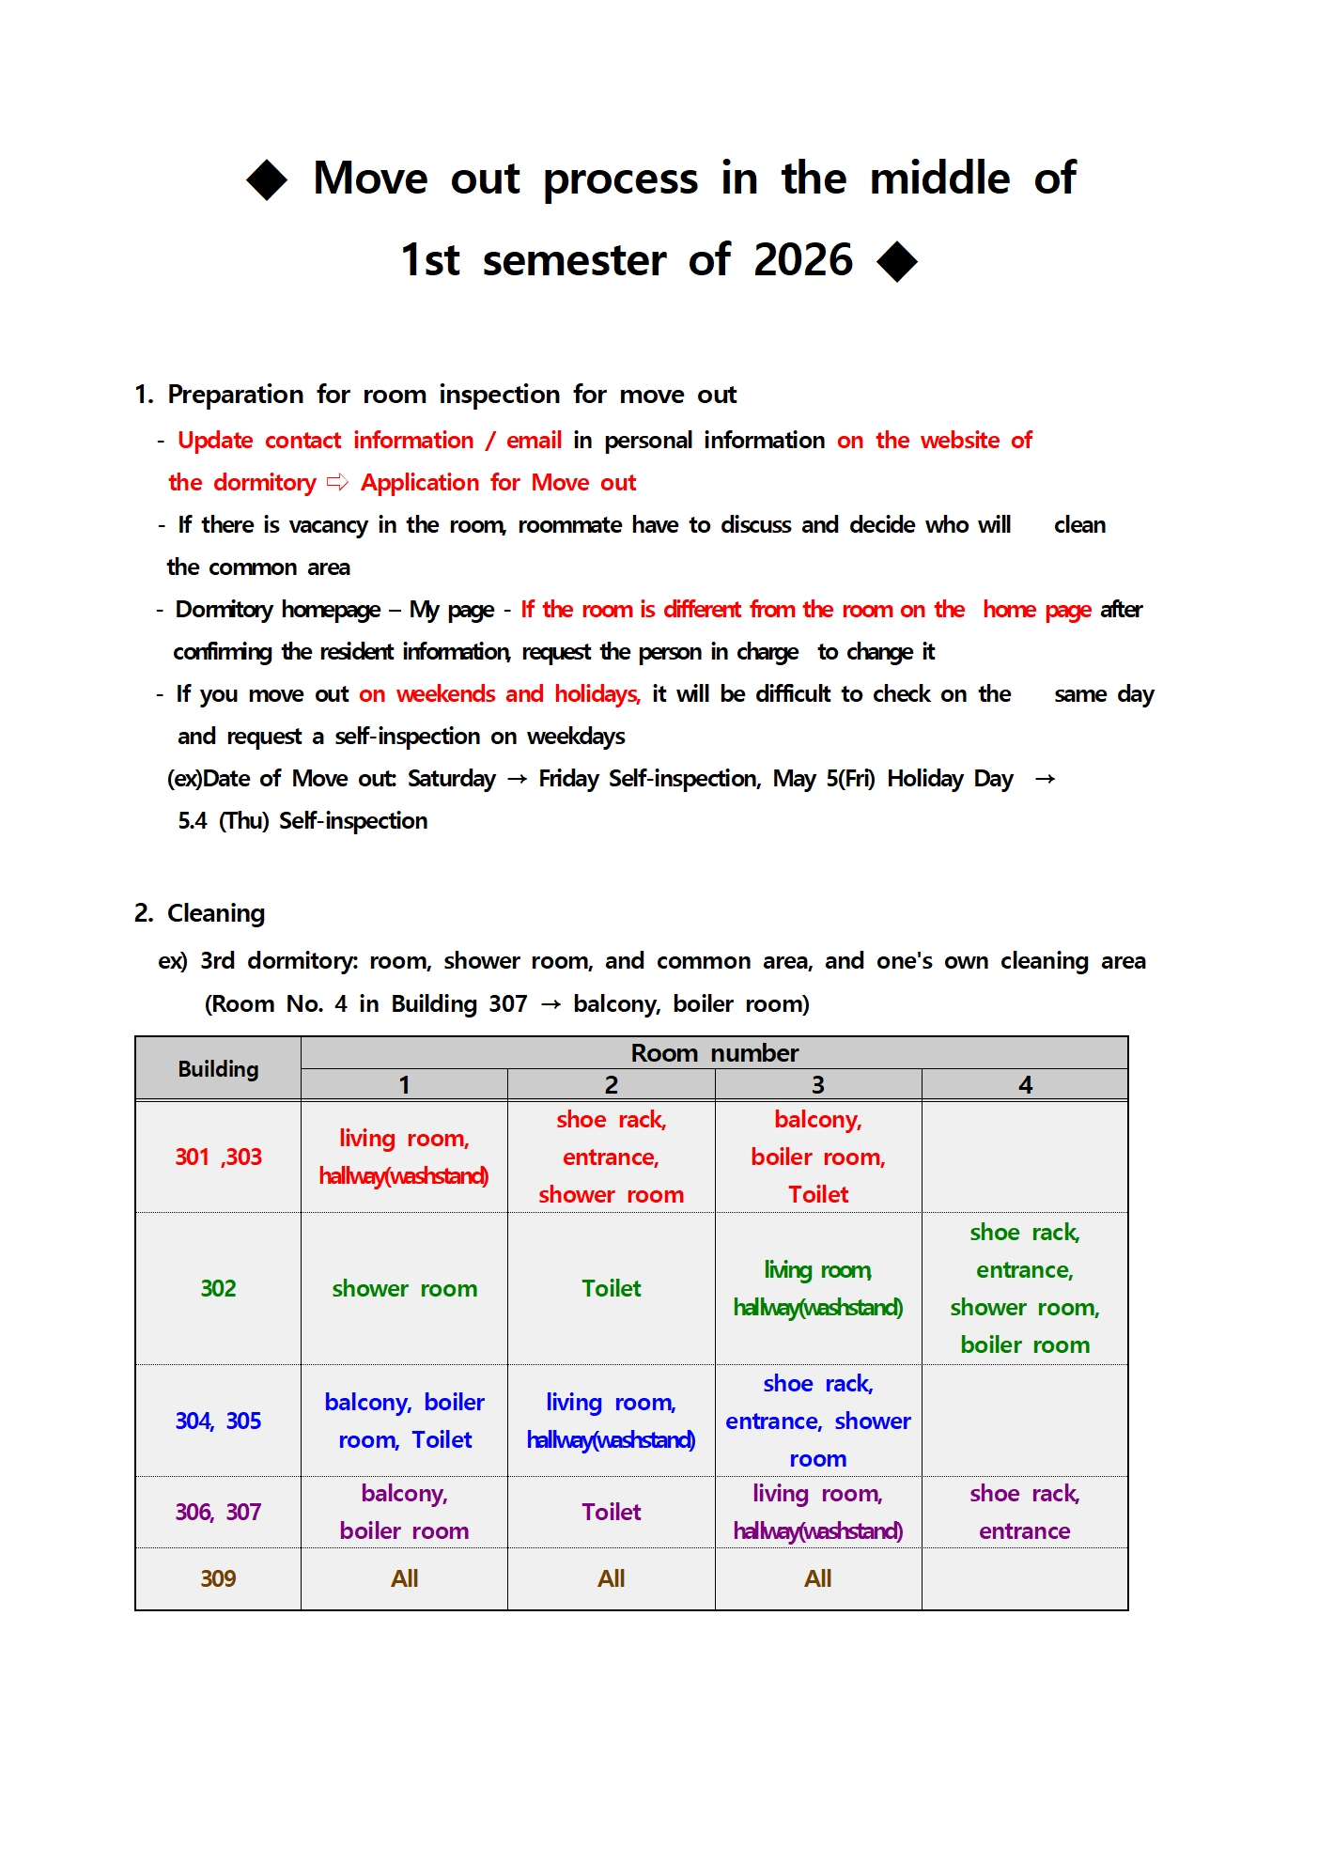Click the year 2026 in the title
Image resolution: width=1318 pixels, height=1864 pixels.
click(x=803, y=259)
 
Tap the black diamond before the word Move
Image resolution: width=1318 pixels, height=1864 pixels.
click(x=267, y=179)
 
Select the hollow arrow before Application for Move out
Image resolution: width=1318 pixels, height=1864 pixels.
click(x=337, y=483)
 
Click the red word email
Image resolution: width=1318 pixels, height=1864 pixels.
click(x=534, y=441)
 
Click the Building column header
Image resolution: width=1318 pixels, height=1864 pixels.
click(x=218, y=1069)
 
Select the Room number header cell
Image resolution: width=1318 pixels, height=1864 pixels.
click(x=714, y=1053)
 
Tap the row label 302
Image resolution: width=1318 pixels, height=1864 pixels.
click(x=218, y=1288)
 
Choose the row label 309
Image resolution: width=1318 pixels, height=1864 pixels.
click(x=218, y=1578)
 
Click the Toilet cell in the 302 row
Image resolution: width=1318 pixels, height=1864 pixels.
click(x=611, y=1288)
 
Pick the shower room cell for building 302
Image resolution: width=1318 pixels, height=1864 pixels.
click(x=404, y=1288)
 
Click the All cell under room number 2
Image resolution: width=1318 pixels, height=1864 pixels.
click(x=611, y=1578)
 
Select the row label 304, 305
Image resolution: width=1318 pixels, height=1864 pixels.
click(x=218, y=1421)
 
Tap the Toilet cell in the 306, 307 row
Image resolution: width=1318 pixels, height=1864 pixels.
click(x=611, y=1512)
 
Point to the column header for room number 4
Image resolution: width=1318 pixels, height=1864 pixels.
click(x=1025, y=1085)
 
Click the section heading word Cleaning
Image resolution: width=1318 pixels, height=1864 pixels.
click(x=216, y=913)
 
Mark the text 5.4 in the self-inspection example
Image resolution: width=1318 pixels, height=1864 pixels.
click(x=193, y=821)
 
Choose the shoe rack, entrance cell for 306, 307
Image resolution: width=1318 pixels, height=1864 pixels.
click(x=1025, y=1512)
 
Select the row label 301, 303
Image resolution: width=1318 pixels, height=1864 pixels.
click(x=218, y=1157)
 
